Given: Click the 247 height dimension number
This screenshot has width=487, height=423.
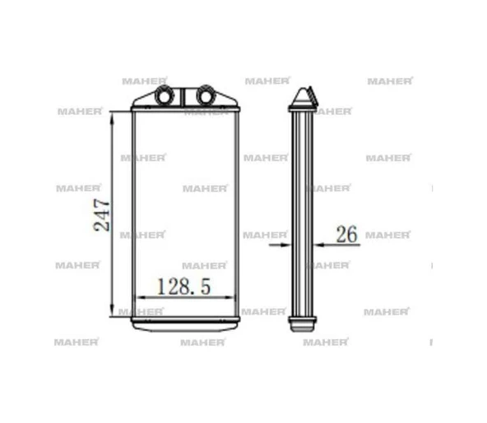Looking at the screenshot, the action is [x=102, y=215].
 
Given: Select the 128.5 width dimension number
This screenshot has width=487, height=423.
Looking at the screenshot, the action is [x=184, y=286].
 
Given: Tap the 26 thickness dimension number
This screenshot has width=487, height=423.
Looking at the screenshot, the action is [x=347, y=234].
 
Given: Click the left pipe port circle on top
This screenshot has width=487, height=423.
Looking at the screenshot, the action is [x=163, y=95].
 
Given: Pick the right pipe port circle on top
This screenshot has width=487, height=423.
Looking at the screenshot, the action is [x=206, y=95].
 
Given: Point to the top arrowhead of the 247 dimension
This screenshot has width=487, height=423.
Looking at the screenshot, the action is [x=112, y=117].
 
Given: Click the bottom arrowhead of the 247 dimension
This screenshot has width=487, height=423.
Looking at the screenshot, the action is [x=112, y=311].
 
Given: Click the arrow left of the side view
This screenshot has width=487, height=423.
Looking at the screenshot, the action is [x=280, y=245].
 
